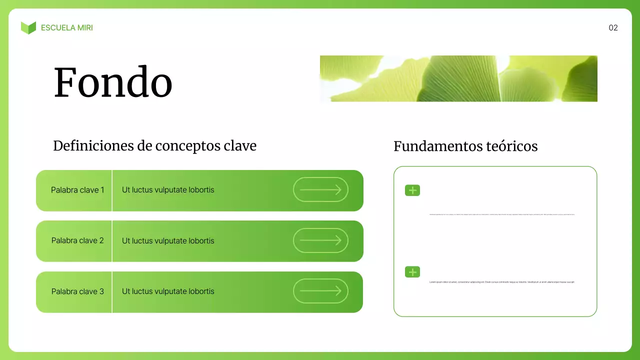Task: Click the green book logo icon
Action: pyautogui.click(x=28, y=28)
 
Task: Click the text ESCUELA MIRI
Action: pyautogui.click(x=67, y=28)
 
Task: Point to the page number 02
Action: pyautogui.click(x=613, y=28)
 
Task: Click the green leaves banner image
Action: pyautogui.click(x=458, y=78)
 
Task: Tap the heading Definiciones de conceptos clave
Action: pyautogui.click(x=154, y=146)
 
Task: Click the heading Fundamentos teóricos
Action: pyautogui.click(x=465, y=146)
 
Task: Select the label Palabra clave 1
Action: pyautogui.click(x=77, y=190)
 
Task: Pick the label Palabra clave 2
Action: pyautogui.click(x=77, y=240)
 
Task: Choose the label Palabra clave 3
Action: pyautogui.click(x=77, y=291)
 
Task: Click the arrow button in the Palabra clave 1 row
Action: pyautogui.click(x=320, y=189)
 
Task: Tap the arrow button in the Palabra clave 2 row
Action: pyautogui.click(x=320, y=240)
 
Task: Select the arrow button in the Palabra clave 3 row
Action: pyautogui.click(x=320, y=291)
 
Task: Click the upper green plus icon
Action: pyautogui.click(x=412, y=190)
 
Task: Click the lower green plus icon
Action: pyautogui.click(x=412, y=272)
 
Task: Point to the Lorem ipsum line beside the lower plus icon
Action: pyautogui.click(x=502, y=282)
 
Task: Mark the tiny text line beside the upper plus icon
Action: pyautogui.click(x=502, y=214)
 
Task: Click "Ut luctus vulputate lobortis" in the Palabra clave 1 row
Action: pyautogui.click(x=168, y=190)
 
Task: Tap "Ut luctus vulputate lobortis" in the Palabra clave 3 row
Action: pyautogui.click(x=168, y=291)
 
